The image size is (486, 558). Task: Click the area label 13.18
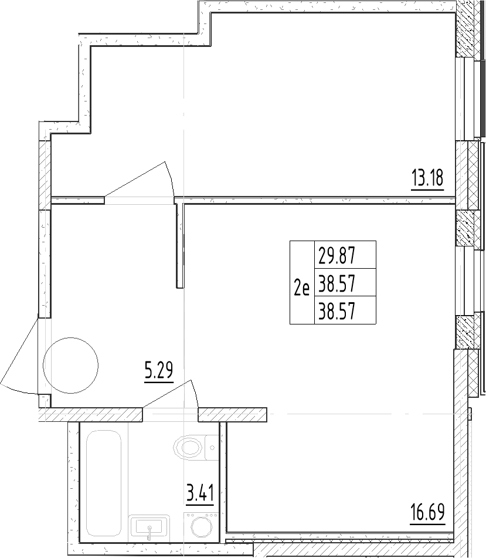click(x=427, y=177)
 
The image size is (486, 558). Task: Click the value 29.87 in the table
click(x=337, y=256)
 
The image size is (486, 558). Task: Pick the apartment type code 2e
click(x=301, y=287)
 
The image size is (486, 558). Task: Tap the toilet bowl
click(x=188, y=449)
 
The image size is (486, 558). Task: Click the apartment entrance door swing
click(x=18, y=358)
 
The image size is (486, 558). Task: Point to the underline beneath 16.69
click(x=427, y=523)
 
